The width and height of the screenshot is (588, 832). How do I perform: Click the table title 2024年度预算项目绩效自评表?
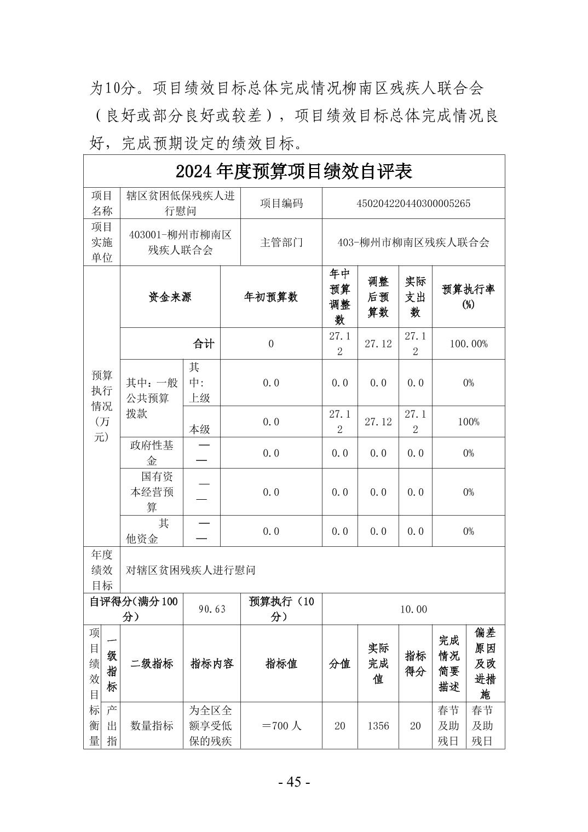pyautogui.click(x=293, y=172)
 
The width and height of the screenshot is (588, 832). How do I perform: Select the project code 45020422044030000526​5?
pyautogui.click(x=413, y=204)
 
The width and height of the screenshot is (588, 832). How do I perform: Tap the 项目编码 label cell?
pyautogui.click(x=281, y=204)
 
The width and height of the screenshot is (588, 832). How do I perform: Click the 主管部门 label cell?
pyautogui.click(x=281, y=242)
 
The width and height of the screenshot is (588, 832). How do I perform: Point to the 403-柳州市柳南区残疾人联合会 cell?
pyautogui.click(x=413, y=242)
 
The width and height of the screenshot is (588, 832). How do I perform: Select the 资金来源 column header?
pyautogui.click(x=170, y=297)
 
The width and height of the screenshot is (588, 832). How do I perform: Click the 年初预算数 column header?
pyautogui.click(x=270, y=297)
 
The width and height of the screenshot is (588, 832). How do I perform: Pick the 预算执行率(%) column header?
pyautogui.click(x=468, y=297)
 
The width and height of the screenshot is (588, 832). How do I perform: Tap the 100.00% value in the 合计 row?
pyautogui.click(x=468, y=344)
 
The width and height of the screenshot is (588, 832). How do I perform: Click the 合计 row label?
pyautogui.click(x=203, y=344)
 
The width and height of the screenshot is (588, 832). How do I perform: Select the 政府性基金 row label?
pyautogui.click(x=152, y=453)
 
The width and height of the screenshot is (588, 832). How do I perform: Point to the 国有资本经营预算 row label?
pyautogui.click(x=152, y=492)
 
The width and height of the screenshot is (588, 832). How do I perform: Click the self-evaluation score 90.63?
pyautogui.click(x=211, y=609)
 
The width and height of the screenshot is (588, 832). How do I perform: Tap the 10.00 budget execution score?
pyautogui.click(x=413, y=609)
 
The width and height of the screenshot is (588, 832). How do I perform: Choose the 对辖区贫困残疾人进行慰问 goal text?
pyautogui.click(x=191, y=570)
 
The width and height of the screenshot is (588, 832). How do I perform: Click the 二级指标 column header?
pyautogui.click(x=152, y=663)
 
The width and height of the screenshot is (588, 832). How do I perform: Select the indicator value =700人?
pyautogui.click(x=281, y=726)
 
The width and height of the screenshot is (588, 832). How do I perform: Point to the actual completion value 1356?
pyautogui.click(x=378, y=726)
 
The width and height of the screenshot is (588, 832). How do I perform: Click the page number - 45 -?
pyautogui.click(x=294, y=782)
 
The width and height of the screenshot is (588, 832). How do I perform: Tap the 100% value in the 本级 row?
pyautogui.click(x=468, y=421)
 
